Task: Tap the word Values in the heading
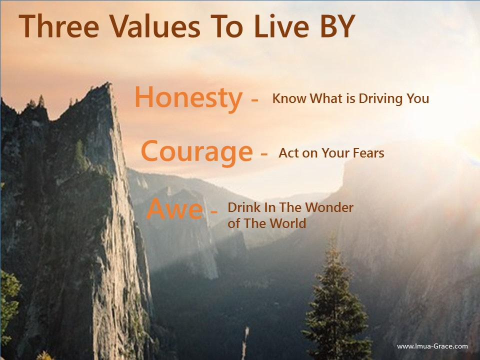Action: tap(155, 26)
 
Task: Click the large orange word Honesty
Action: tap(188, 98)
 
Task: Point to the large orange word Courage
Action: tap(197, 152)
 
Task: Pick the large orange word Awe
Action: tap(174, 209)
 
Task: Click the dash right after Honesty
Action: tap(254, 99)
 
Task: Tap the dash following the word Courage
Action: tap(264, 153)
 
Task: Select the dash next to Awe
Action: tap(214, 211)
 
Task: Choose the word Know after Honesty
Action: tap(289, 98)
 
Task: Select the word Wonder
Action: tap(329, 207)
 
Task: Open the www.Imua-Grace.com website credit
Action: tap(432, 346)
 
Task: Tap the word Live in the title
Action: tap(281, 26)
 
